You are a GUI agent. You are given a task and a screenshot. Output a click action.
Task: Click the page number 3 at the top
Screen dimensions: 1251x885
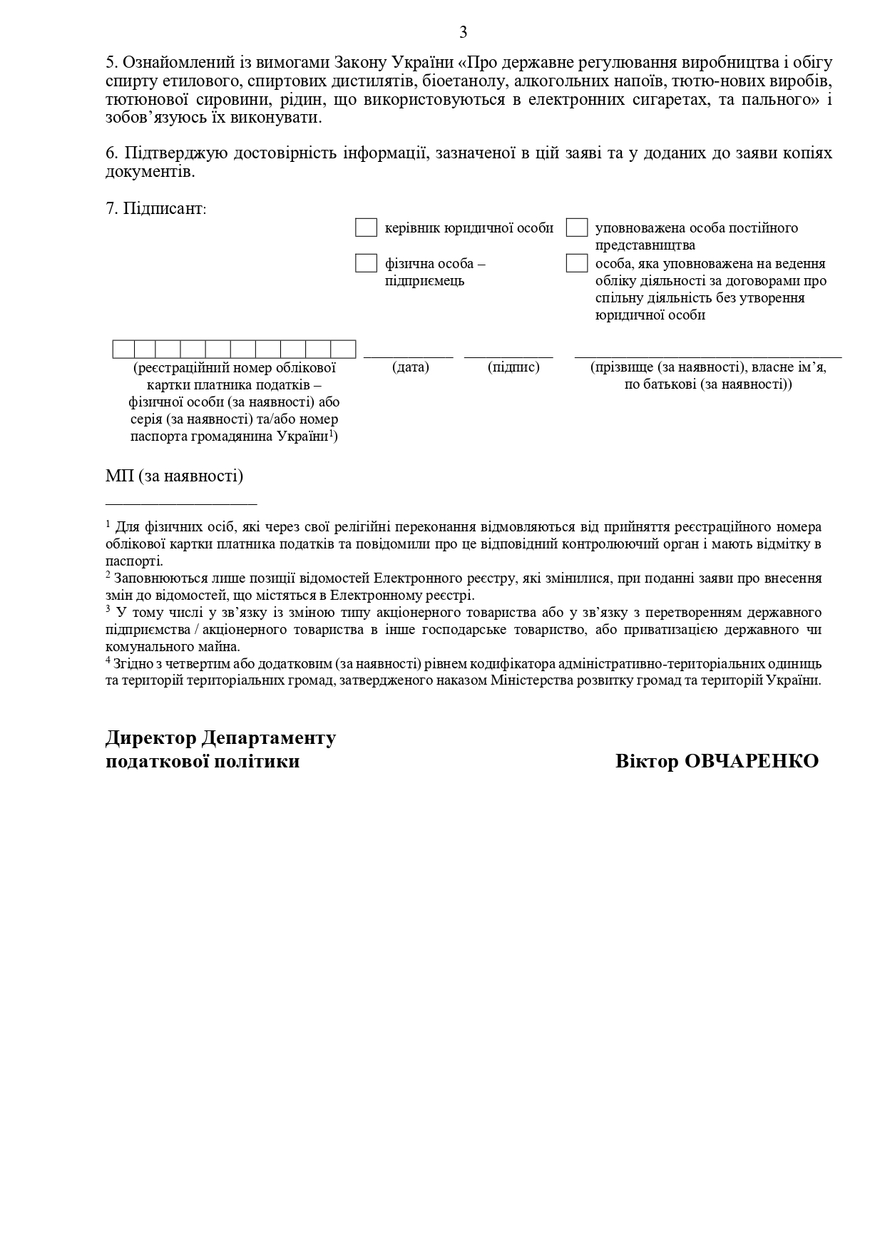pyautogui.click(x=464, y=32)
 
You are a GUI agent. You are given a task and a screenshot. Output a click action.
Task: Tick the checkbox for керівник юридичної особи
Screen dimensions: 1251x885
pyautogui.click(x=366, y=228)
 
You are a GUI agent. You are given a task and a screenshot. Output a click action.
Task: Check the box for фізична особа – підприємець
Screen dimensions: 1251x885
pyautogui.click(x=366, y=263)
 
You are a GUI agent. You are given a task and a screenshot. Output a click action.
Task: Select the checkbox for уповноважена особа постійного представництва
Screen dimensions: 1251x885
pyautogui.click(x=577, y=228)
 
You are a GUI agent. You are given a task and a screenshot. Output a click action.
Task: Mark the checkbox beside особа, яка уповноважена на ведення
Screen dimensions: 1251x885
pyautogui.click(x=577, y=263)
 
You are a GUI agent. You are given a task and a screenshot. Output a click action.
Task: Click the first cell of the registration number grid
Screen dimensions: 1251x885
pyautogui.click(x=123, y=349)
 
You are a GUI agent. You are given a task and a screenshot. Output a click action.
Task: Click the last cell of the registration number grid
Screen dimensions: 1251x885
pyautogui.click(x=343, y=349)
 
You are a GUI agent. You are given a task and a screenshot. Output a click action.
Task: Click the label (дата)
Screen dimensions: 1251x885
pyautogui.click(x=411, y=367)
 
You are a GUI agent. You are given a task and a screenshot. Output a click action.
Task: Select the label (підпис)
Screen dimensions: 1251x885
pyautogui.click(x=513, y=367)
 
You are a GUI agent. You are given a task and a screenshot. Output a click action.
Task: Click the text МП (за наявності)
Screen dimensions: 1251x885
pyautogui.click(x=174, y=476)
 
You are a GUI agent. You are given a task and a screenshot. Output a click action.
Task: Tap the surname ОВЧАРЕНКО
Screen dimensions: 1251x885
pyautogui.click(x=752, y=761)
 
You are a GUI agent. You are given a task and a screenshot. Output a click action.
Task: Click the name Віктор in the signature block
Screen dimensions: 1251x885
pyautogui.click(x=647, y=761)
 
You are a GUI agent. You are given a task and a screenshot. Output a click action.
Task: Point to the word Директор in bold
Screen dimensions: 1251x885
pyautogui.click(x=150, y=737)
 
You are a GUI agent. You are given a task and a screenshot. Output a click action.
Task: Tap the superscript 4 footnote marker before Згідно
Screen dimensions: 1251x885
pyautogui.click(x=108, y=660)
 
